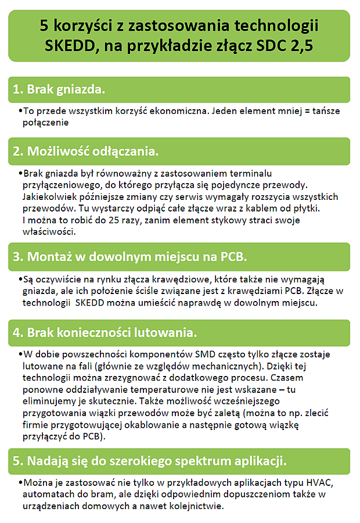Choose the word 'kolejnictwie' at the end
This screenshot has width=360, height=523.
point(193,506)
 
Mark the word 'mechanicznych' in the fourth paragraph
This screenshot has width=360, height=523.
point(224,366)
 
